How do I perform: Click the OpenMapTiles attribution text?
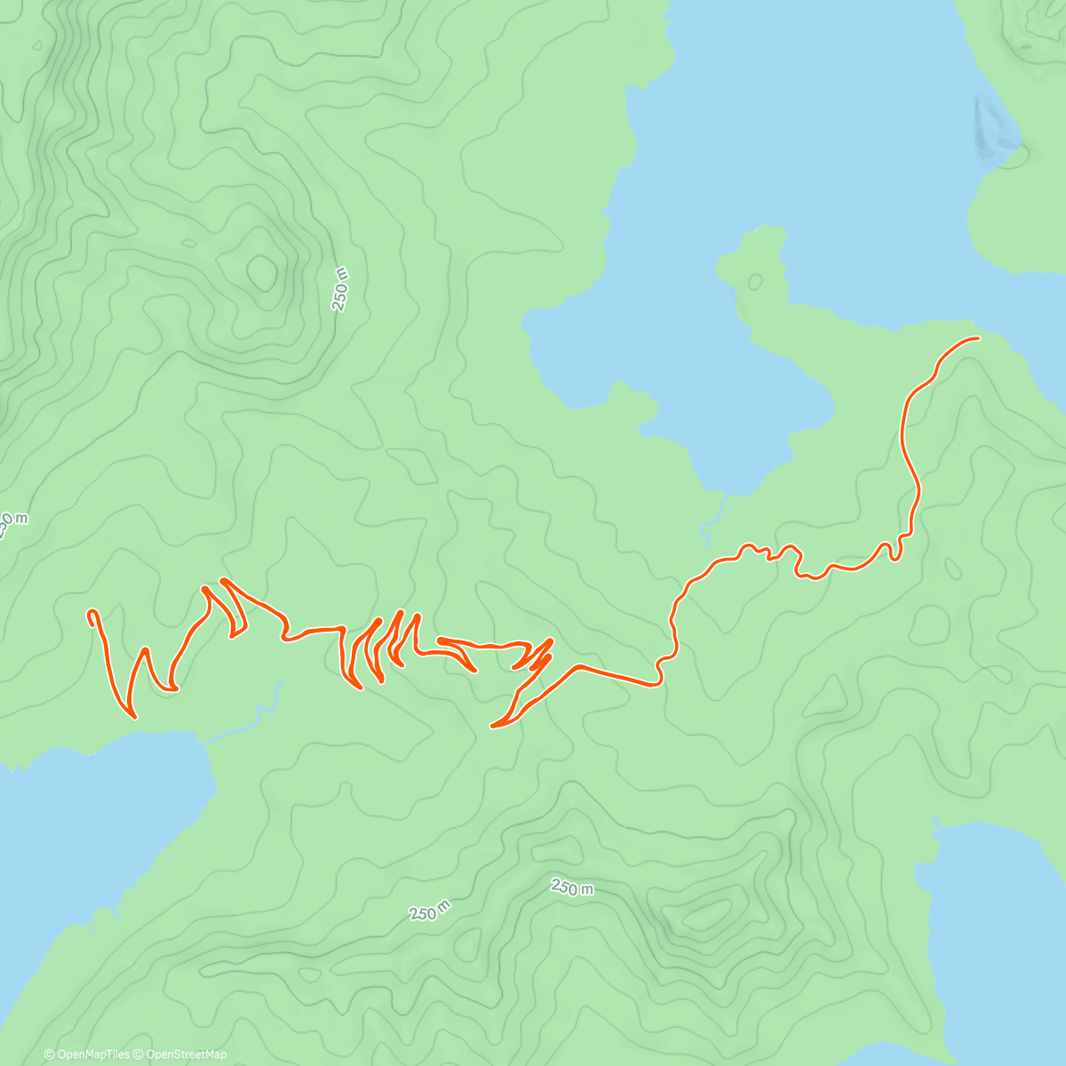[x=93, y=1054]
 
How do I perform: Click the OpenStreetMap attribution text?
[x=187, y=1054]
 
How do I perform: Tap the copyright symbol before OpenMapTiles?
[x=50, y=1054]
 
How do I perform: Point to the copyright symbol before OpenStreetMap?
[x=139, y=1054]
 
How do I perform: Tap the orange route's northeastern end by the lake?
[x=977, y=338]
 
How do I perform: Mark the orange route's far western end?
[x=90, y=613]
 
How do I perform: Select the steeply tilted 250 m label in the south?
[x=430, y=910]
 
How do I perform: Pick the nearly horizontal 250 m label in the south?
[x=572, y=887]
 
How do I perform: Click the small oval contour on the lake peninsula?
[x=754, y=282]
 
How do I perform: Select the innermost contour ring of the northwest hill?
[x=262, y=270]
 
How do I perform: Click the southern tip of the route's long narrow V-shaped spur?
[x=493, y=726]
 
